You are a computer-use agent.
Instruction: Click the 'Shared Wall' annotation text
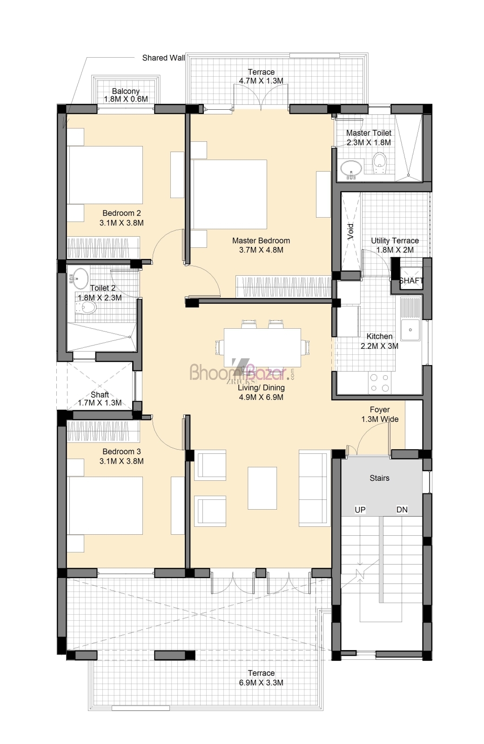pos(163,58)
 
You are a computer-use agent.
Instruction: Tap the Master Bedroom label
pos(261,240)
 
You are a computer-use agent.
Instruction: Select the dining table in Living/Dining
pos(262,347)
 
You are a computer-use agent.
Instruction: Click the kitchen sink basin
pos(410,330)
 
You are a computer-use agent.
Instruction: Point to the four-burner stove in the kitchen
pos(379,383)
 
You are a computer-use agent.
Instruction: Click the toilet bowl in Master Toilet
pos(379,163)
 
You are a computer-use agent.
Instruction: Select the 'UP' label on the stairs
pos(360,510)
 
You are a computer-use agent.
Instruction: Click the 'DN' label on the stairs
pos(402,510)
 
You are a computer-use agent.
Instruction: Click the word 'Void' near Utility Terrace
pos(350,232)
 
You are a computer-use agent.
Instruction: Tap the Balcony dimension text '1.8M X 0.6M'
pos(126,99)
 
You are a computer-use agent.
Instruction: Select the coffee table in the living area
pos(262,488)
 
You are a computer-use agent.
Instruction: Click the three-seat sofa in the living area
pos(315,488)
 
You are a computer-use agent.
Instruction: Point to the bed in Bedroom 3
pos(105,505)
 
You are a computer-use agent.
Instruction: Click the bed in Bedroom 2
pos(105,175)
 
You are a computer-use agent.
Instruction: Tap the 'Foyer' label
pos(380,410)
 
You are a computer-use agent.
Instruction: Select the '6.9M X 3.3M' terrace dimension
pos(261,683)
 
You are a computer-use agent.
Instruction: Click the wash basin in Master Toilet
pos(351,169)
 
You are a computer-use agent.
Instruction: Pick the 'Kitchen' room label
pos(379,336)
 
